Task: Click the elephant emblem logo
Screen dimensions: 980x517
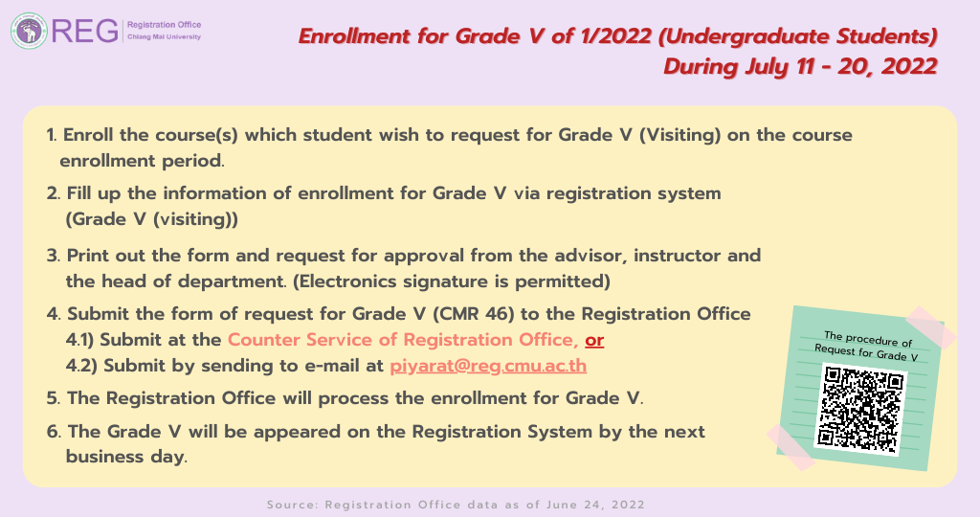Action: click(29, 31)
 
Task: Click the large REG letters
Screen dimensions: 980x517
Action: click(85, 31)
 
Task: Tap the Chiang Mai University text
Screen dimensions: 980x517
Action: click(165, 37)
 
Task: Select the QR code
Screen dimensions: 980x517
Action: click(860, 410)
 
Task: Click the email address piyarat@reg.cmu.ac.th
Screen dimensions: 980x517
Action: click(488, 365)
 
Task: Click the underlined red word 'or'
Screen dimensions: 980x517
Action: click(594, 340)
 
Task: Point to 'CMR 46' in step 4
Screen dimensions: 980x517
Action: click(473, 314)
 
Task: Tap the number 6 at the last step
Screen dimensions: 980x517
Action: click(53, 432)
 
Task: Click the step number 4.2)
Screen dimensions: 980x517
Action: click(81, 366)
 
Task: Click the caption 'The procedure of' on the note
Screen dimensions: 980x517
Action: click(868, 339)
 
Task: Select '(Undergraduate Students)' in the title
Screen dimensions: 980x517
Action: click(798, 36)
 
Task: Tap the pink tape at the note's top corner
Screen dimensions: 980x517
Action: click(931, 326)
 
